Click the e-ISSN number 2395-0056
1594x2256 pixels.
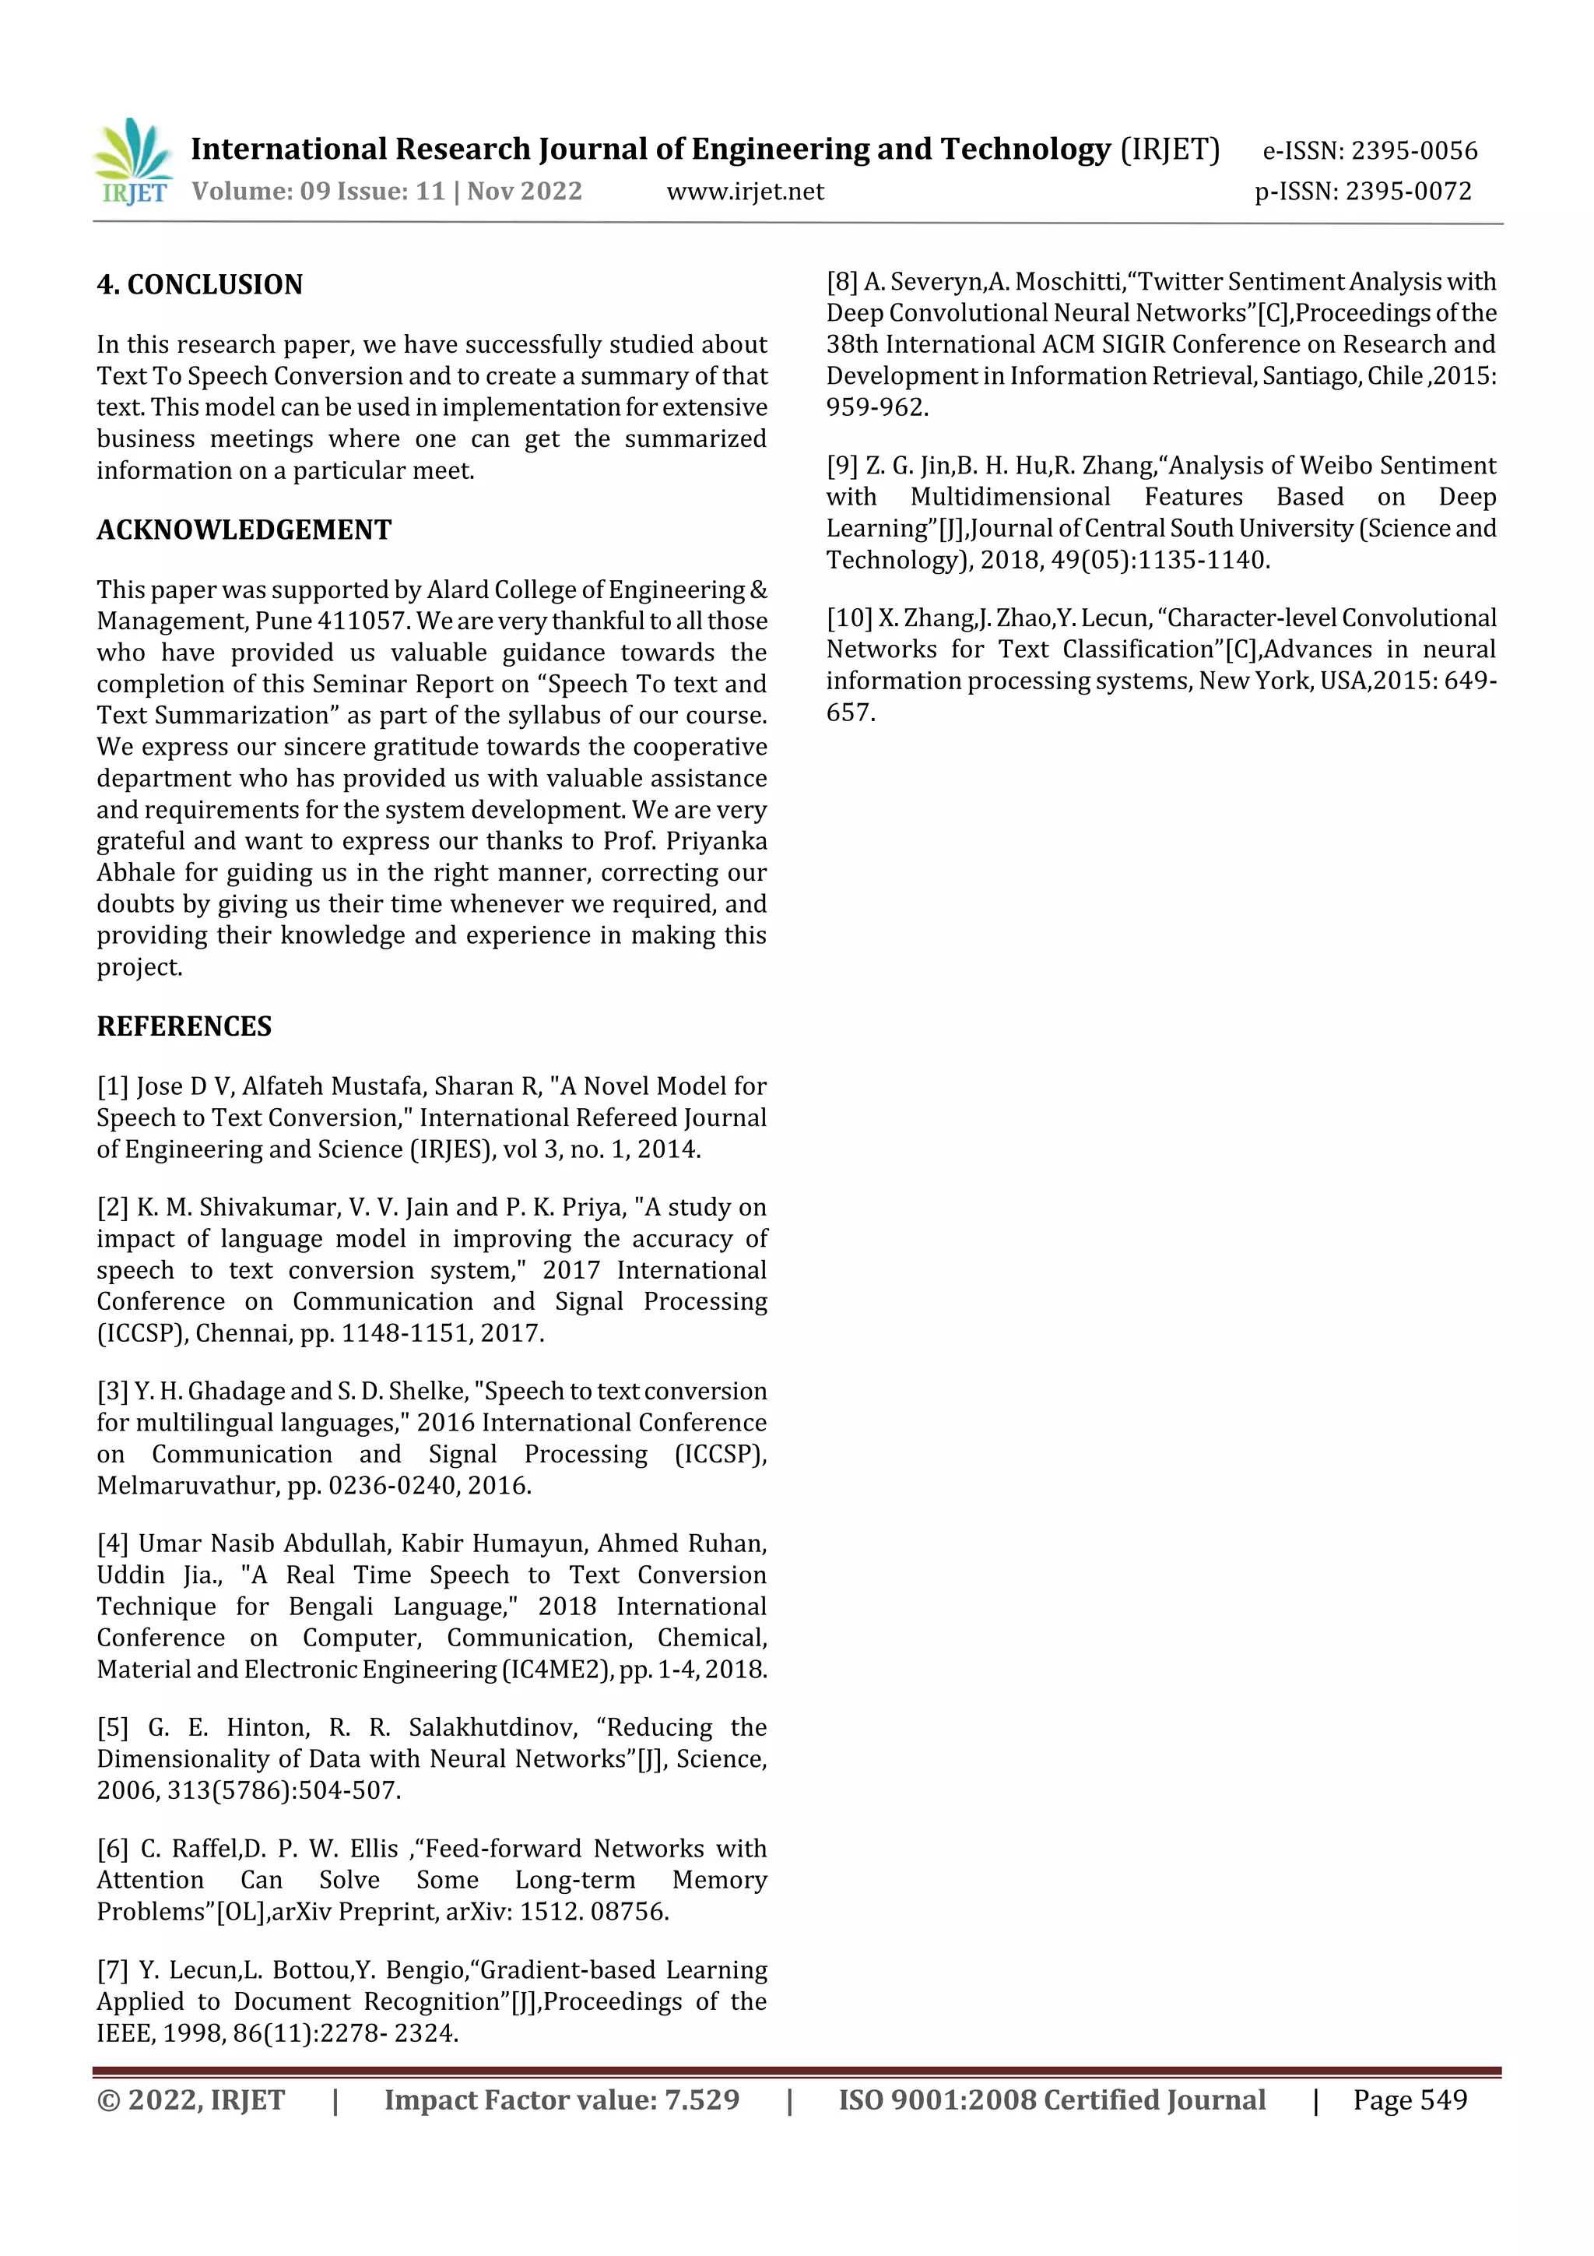[1413, 151]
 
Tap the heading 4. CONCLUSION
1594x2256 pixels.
[199, 285]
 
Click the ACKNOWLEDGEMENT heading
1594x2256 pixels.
[244, 530]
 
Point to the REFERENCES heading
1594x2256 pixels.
[184, 1027]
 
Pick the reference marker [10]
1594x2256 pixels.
[848, 618]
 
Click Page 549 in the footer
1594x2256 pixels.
[1410, 2101]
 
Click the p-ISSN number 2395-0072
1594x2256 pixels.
[1409, 192]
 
